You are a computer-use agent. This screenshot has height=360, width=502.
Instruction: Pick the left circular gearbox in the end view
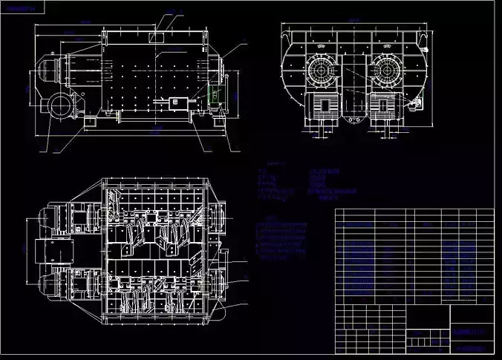pos(324,72)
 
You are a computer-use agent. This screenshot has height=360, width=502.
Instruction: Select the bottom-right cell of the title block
pos(472,346)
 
